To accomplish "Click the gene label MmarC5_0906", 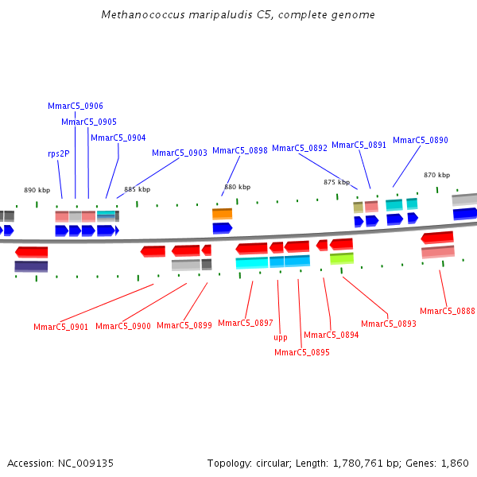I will coord(76,106).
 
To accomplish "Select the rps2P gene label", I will coord(58,153).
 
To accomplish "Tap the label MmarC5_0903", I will coord(179,153).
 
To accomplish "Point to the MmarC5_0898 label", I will coord(239,150).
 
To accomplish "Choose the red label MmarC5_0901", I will coord(60,327).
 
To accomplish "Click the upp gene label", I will coord(280,337).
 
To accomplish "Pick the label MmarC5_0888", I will coord(448,311).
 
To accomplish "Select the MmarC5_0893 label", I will coord(388,324).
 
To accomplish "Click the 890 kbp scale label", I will coord(37,190).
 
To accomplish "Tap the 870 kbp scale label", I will coord(436,175).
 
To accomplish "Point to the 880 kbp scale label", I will coord(237,187).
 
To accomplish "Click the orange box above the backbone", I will coord(222,214).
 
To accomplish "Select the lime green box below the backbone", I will coord(341,258).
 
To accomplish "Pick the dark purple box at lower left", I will coord(31,266).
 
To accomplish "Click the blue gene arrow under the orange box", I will coord(222,228).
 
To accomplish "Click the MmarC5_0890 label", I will coord(420,140).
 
